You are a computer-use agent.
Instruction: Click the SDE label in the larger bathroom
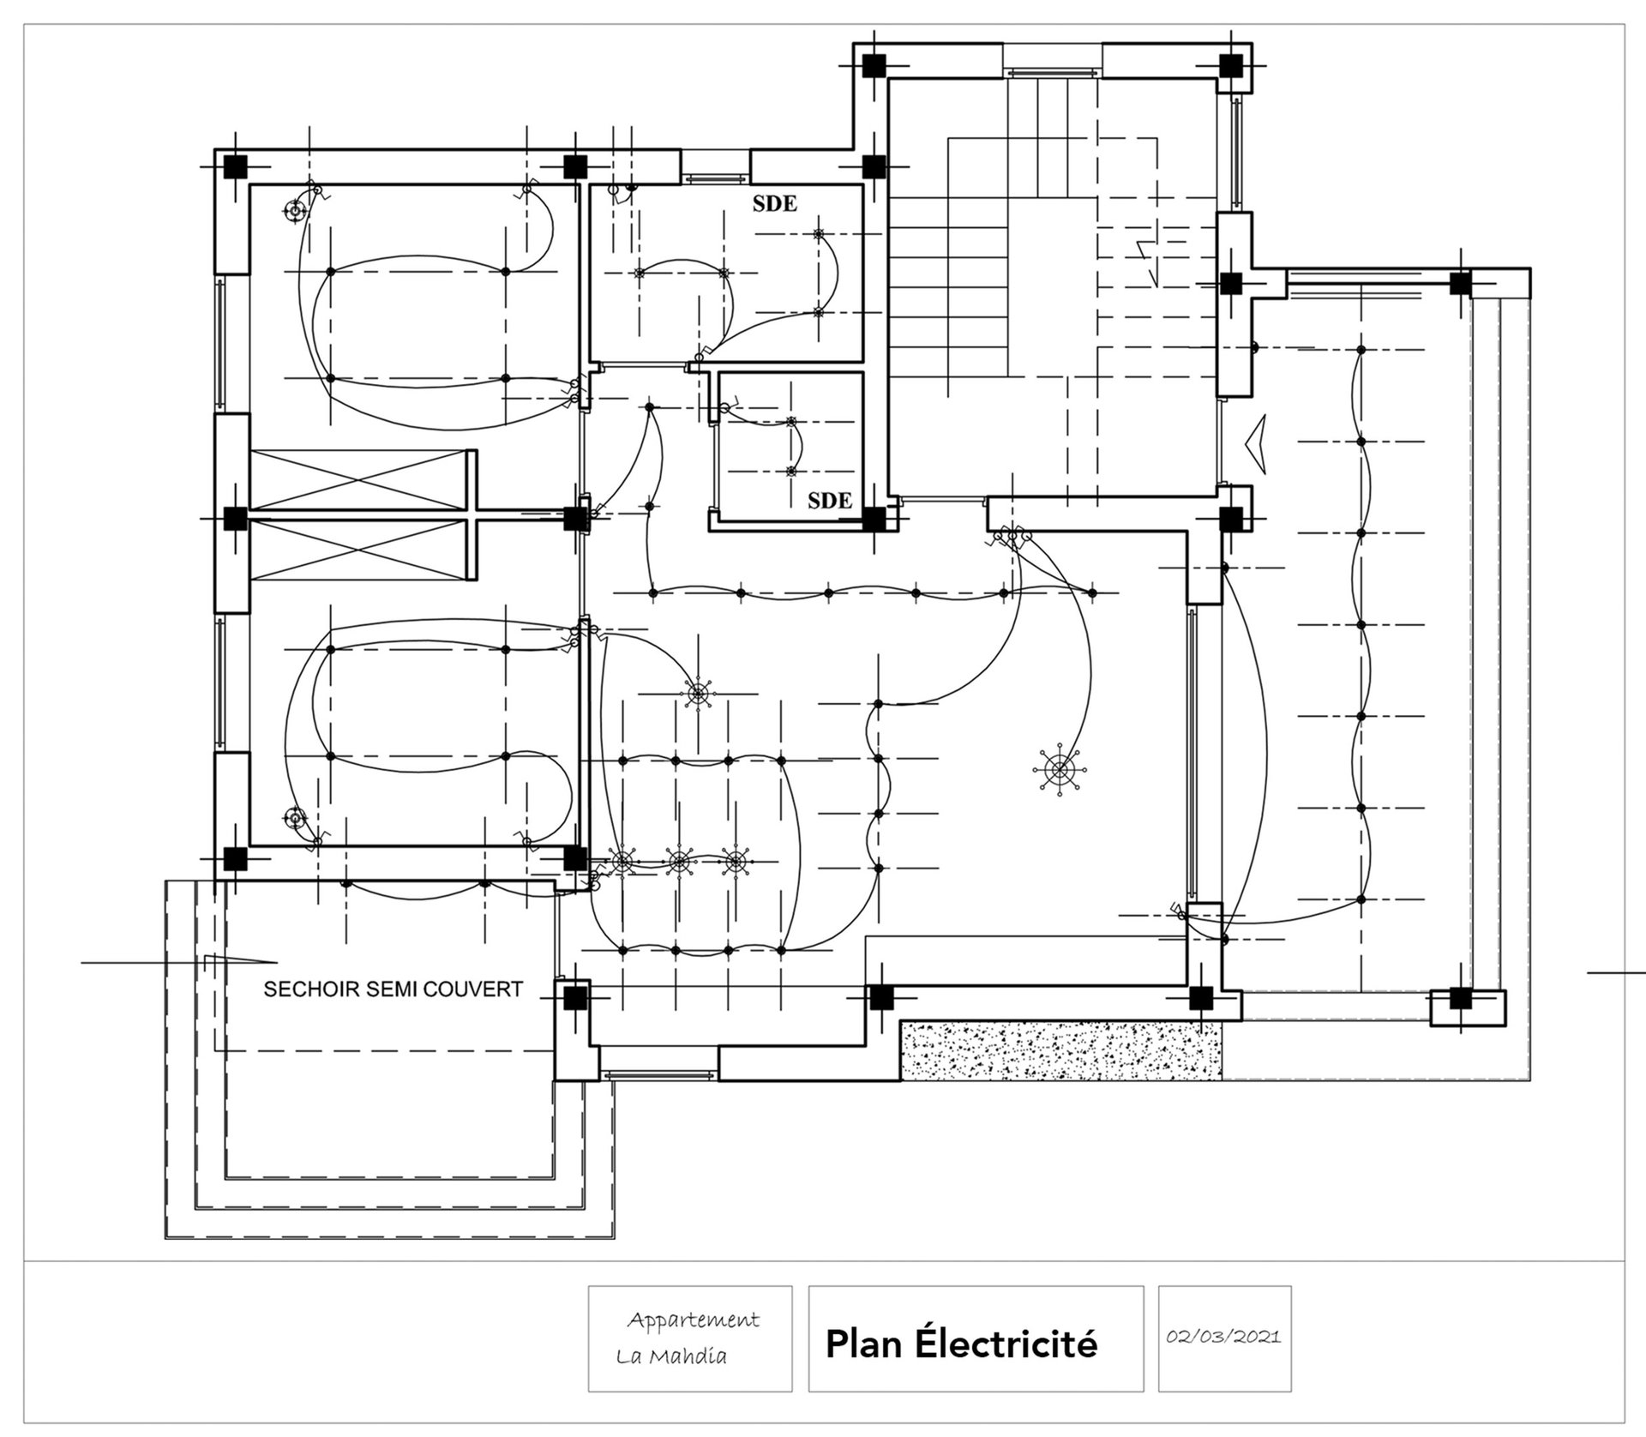(x=775, y=204)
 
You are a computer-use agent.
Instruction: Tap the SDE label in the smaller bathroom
(x=830, y=501)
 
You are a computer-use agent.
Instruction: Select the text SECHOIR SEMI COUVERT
(x=393, y=989)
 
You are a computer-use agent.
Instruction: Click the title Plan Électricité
(x=961, y=1344)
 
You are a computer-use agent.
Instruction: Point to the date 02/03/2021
(x=1224, y=1337)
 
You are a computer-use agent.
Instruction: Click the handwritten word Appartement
(x=693, y=1320)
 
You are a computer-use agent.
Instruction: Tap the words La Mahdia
(x=671, y=1356)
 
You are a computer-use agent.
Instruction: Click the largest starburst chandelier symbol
(x=1060, y=770)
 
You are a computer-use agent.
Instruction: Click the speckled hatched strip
(x=1060, y=1050)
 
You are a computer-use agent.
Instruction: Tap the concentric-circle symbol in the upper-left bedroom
(x=296, y=209)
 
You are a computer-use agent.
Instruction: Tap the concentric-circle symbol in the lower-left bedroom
(x=296, y=819)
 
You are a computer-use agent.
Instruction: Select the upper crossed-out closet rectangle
(x=361, y=480)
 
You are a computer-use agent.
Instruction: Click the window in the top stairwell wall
(x=1052, y=73)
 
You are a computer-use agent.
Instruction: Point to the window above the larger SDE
(x=715, y=179)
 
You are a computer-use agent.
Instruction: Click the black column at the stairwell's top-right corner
(x=1231, y=64)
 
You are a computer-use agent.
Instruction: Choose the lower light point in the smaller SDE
(x=791, y=471)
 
